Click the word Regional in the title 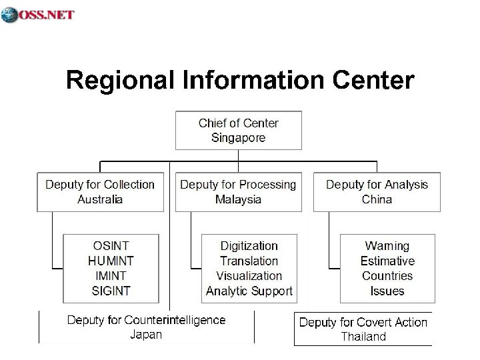pos(119,81)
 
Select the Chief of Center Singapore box pos(238,131)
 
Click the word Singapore pos(238,138)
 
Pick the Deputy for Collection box pos(100,191)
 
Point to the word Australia pos(100,199)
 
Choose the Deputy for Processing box pos(238,191)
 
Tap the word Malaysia pos(238,199)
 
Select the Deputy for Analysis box pos(377,191)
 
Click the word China pos(377,199)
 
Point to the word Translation pos(249,261)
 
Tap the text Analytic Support pos(249,291)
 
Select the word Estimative pos(387,261)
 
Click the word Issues pos(387,291)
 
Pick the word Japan pos(145,335)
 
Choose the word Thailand pos(363,337)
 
